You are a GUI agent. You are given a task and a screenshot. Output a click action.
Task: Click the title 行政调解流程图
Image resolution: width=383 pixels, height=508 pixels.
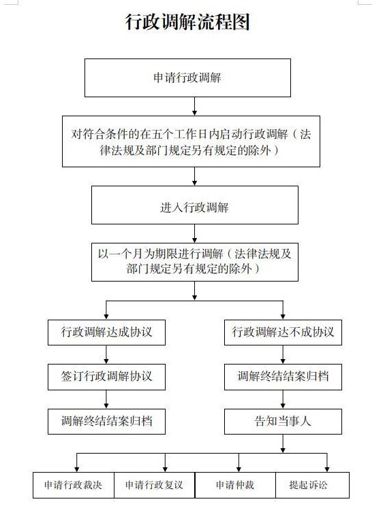coord(187,22)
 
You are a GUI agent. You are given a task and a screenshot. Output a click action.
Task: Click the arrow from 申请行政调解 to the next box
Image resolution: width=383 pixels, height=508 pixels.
coord(194,106)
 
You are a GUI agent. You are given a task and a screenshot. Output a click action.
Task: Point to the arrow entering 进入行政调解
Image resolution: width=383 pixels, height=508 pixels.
coord(194,176)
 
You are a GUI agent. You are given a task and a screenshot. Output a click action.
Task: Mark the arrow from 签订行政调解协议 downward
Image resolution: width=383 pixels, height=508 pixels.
coord(106,399)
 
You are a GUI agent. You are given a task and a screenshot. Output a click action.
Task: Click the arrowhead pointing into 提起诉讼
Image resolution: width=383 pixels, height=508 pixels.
coord(327,469)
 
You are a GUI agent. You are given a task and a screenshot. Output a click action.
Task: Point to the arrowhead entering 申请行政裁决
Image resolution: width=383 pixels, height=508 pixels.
coord(77,469)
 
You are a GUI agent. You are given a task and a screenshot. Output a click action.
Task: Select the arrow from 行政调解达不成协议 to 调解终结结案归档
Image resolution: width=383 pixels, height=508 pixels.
coord(283,354)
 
